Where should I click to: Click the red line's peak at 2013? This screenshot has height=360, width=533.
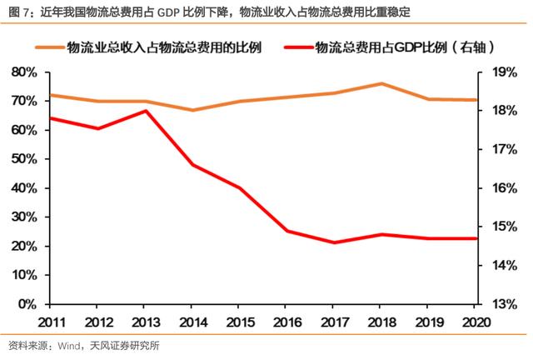click(x=146, y=111)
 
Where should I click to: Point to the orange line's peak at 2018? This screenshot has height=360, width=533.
click(x=381, y=83)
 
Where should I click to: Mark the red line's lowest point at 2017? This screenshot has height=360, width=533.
click(x=334, y=242)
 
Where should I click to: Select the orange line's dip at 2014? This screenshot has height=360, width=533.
click(x=192, y=110)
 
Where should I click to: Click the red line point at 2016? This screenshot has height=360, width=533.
click(x=287, y=231)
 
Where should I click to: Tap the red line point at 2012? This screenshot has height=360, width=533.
click(x=98, y=128)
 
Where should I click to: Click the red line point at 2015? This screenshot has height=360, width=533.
click(x=240, y=188)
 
